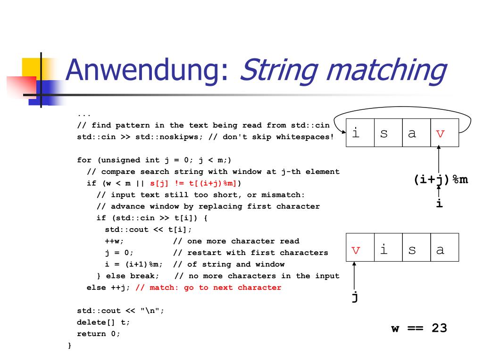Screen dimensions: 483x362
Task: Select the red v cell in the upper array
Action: click(x=444, y=133)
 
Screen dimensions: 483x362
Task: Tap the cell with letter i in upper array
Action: click(x=360, y=133)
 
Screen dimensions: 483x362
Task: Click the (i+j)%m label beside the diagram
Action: click(x=441, y=180)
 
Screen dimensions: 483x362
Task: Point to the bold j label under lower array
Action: click(x=354, y=298)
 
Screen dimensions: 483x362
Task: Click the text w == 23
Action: click(x=419, y=328)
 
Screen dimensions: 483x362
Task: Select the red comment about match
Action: click(x=208, y=288)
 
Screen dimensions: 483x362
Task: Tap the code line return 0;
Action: click(x=99, y=334)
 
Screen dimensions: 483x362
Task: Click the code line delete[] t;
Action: click(x=103, y=322)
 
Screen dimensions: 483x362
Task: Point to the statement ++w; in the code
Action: click(x=114, y=241)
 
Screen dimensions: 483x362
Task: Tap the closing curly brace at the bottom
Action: click(x=70, y=346)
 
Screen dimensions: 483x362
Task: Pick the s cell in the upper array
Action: click(x=388, y=133)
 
